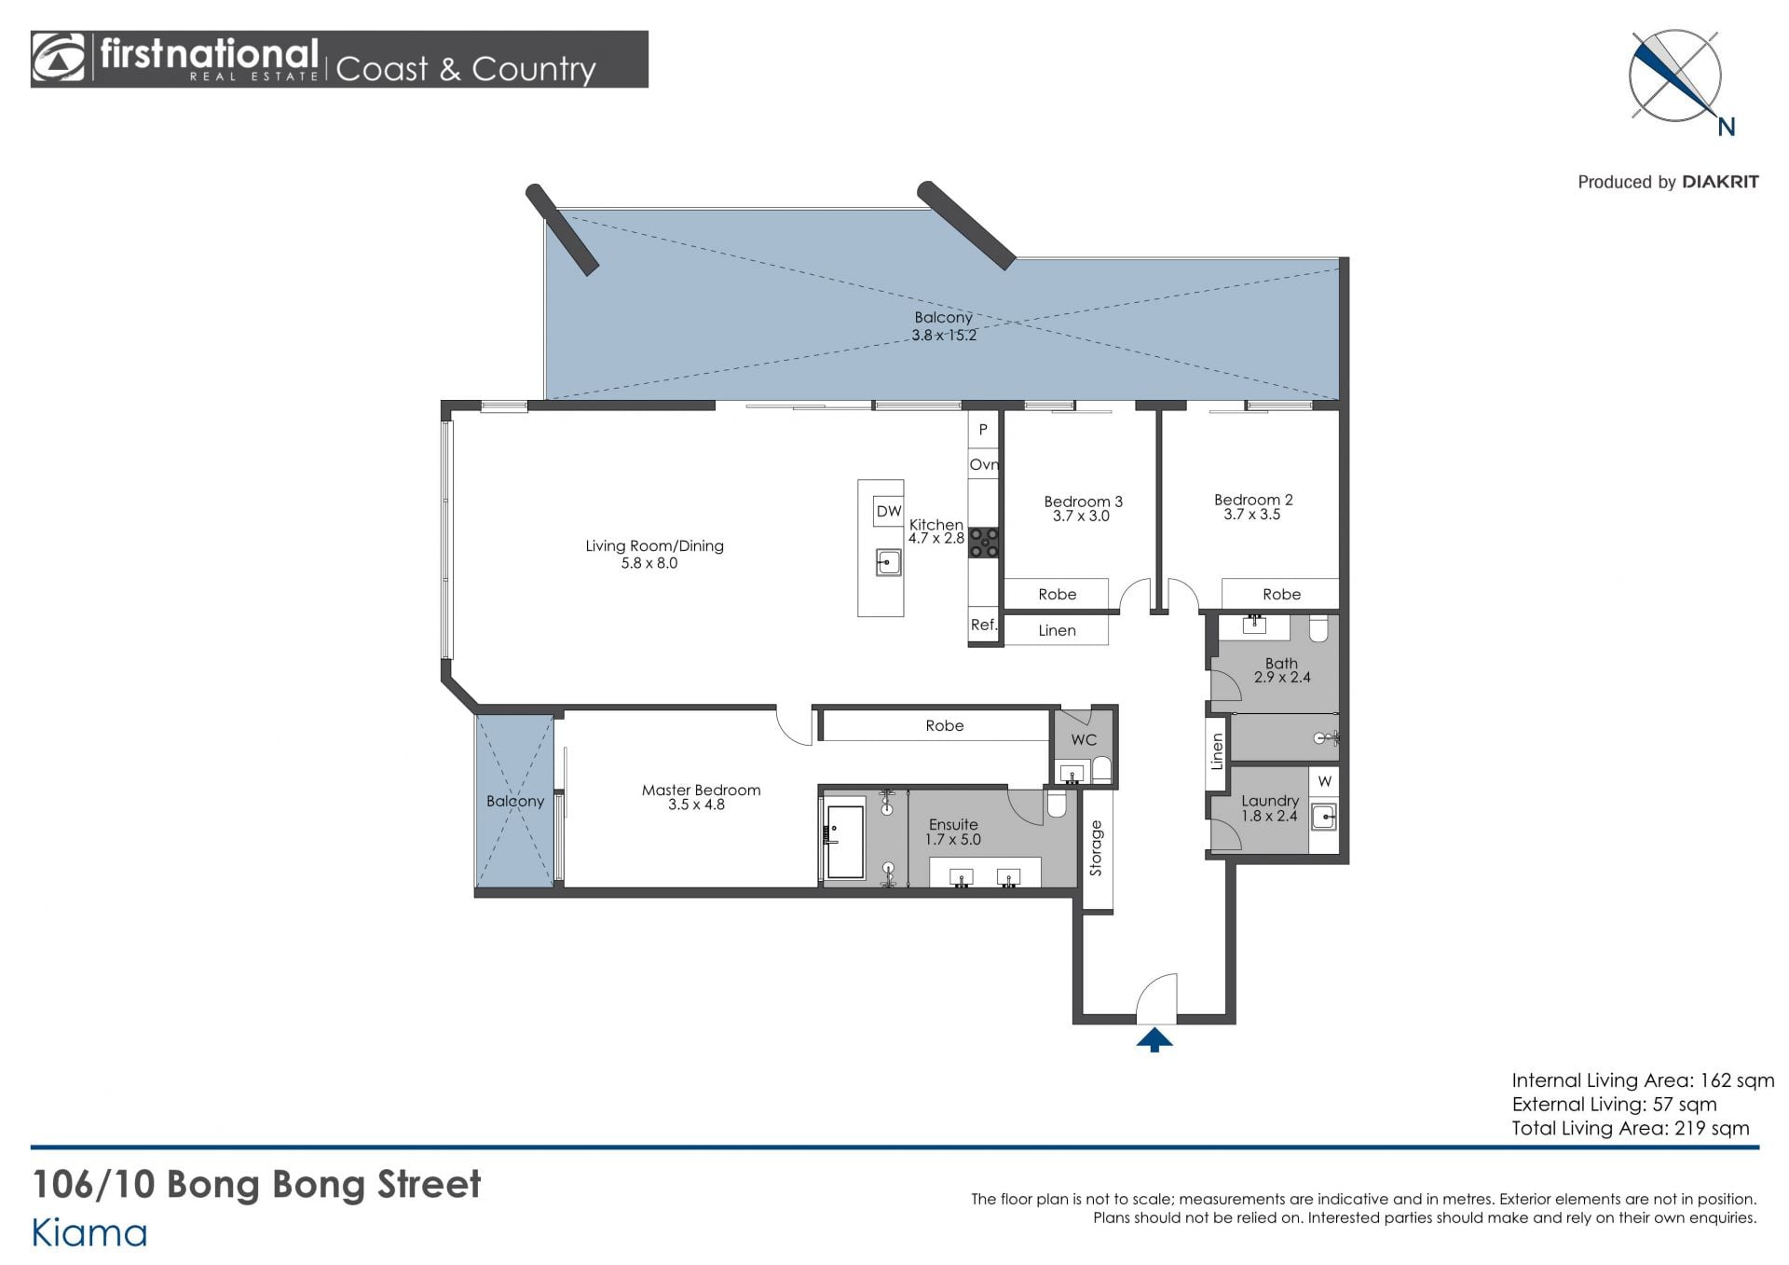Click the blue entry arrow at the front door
click(1154, 1039)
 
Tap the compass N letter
click(1727, 128)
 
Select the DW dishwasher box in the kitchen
click(889, 511)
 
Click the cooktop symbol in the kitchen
click(984, 543)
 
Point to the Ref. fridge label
click(984, 625)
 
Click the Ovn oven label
click(984, 464)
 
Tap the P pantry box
click(982, 430)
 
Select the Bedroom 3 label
click(1083, 502)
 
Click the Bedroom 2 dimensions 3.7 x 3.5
click(1252, 515)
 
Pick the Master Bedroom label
click(701, 791)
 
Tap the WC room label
click(1084, 740)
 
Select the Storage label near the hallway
click(1096, 848)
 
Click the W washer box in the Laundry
click(1324, 781)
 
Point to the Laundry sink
click(1324, 818)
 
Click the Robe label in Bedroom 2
click(1281, 595)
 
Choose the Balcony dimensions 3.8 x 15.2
click(944, 336)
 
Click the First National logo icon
click(59, 59)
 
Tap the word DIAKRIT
click(1720, 182)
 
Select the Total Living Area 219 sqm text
click(1630, 1129)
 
